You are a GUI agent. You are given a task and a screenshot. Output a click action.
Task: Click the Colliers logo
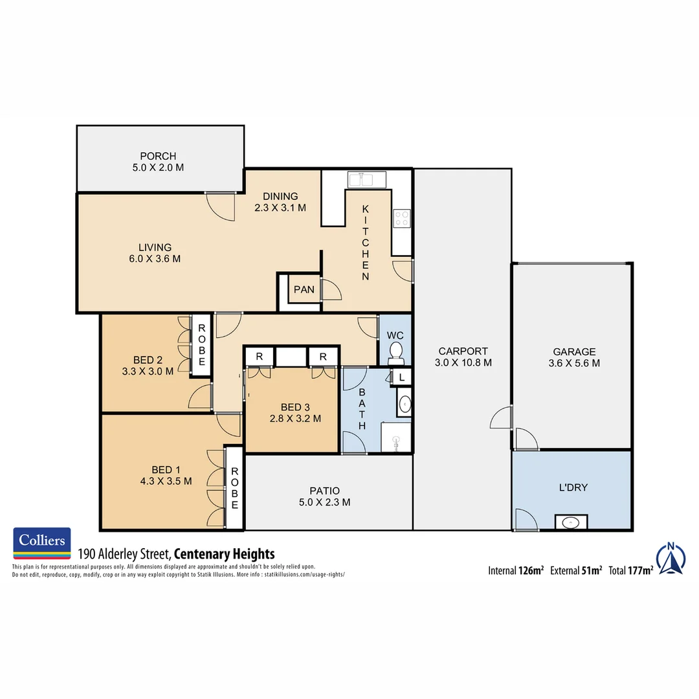42,543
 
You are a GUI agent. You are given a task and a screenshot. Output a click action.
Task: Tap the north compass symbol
671,558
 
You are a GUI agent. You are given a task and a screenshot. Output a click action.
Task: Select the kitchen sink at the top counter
366,179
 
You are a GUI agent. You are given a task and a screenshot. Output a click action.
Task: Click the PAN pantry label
304,289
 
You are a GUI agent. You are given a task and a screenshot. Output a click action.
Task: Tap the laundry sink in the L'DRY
571,522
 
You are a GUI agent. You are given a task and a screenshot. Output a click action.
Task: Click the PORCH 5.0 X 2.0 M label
158,161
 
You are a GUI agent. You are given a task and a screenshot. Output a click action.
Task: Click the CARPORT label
463,351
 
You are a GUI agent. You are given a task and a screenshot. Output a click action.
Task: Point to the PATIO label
324,491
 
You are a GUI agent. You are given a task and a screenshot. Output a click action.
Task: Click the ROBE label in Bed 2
201,345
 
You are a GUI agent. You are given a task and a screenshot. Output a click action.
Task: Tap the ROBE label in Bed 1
234,487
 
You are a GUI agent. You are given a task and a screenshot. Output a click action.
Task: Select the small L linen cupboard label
401,377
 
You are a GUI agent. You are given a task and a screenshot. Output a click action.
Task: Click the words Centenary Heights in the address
225,554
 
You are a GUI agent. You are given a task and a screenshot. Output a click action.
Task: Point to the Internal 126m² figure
515,571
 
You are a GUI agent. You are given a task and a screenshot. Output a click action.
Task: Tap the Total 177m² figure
630,571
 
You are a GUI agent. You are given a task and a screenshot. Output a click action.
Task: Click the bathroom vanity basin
405,405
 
